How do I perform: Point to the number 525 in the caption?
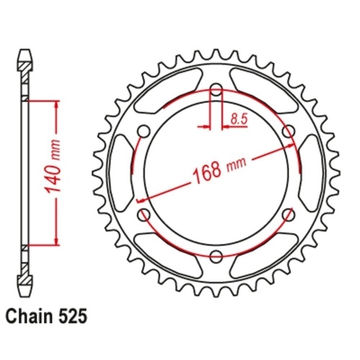coord(74,315)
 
